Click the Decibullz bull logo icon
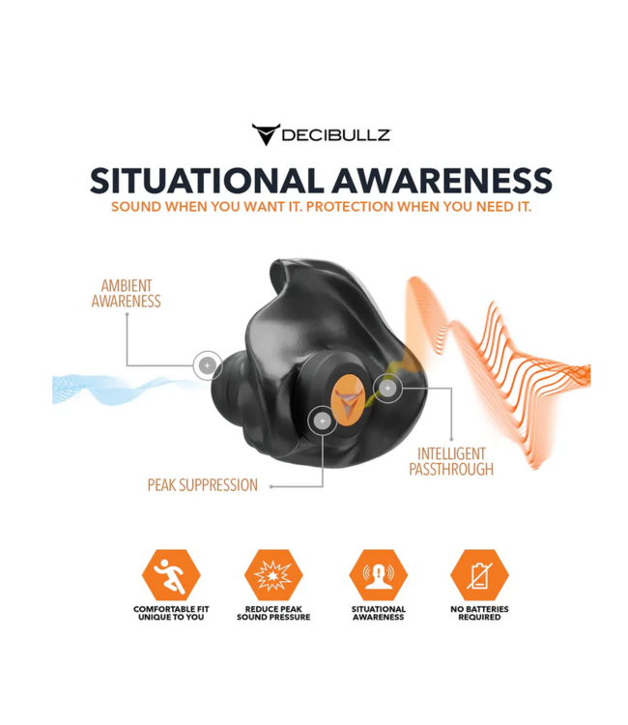[266, 134]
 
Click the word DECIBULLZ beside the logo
[336, 135]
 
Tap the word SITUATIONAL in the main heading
[207, 181]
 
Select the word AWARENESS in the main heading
[442, 181]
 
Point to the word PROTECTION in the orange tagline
[350, 207]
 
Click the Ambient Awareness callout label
[127, 294]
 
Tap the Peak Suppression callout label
[202, 485]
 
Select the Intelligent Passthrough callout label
[451, 461]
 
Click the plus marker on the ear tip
[207, 365]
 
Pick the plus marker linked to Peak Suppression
[322, 420]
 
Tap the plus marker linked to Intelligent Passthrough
[387, 389]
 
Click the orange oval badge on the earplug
[349, 401]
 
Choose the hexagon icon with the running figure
[171, 575]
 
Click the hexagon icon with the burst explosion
[273, 575]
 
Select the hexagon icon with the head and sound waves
[379, 575]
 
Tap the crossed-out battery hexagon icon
[479, 575]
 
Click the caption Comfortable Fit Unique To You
[171, 613]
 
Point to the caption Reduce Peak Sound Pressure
[273, 613]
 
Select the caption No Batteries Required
[479, 613]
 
